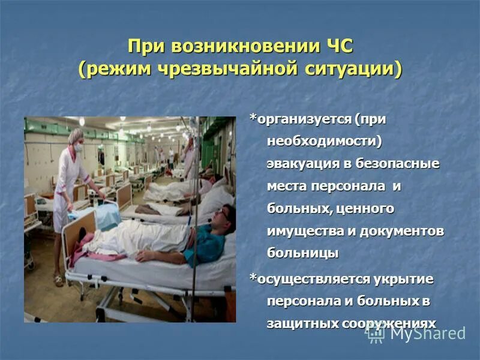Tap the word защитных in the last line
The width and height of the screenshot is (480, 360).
(x=301, y=323)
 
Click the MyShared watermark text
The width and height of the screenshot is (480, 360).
(x=427, y=334)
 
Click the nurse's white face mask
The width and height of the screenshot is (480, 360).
(x=79, y=147)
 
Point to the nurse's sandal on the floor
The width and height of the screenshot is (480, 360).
(x=58, y=279)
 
